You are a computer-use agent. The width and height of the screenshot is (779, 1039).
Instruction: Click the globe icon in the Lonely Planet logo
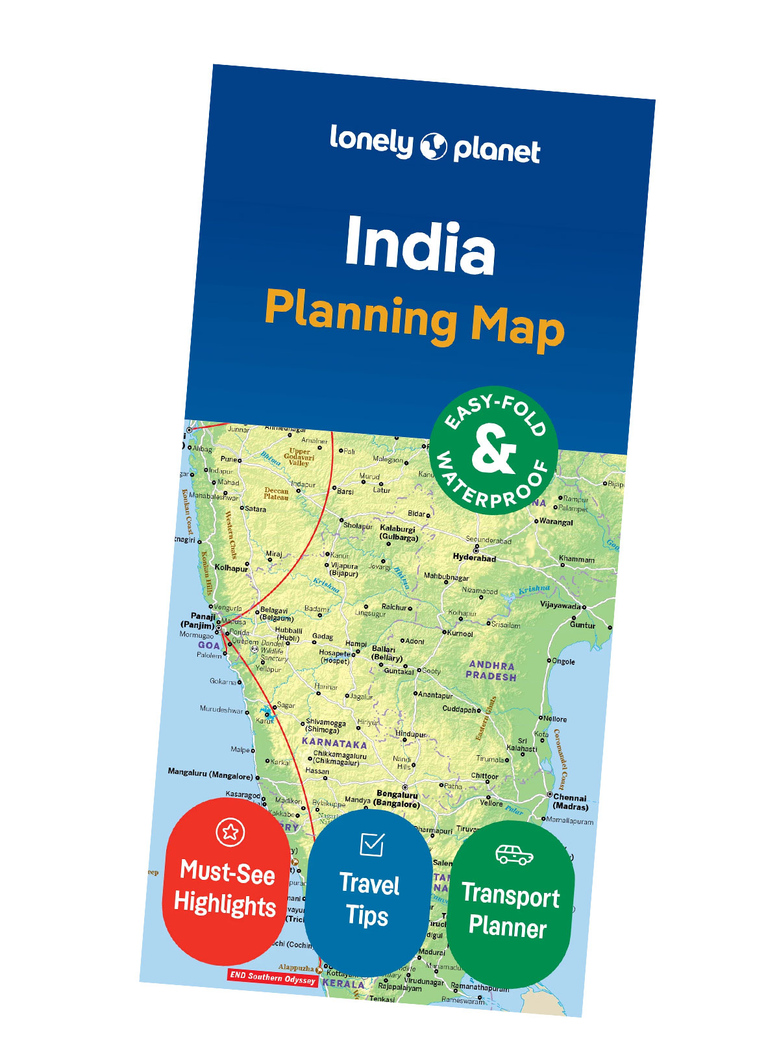[434, 146]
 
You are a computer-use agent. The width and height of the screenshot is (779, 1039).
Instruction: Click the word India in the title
[420, 245]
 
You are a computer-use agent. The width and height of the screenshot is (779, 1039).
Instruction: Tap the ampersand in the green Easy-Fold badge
[493, 449]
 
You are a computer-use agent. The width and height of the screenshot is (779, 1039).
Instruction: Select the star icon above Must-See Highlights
[230, 831]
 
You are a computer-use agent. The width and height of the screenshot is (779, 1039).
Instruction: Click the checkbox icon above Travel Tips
[371, 844]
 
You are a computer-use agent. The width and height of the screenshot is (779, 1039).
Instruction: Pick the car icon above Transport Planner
[514, 855]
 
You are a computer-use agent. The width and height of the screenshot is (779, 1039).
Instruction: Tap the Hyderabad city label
[474, 558]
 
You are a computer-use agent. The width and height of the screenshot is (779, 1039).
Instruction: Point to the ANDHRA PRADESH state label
[491, 671]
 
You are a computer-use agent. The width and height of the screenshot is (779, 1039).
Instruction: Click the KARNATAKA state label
[334, 742]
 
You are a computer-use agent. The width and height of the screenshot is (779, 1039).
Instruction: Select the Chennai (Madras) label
[570, 802]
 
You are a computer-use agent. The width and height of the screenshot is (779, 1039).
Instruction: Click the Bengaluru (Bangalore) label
[397, 799]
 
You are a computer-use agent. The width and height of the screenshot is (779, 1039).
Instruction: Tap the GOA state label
[209, 645]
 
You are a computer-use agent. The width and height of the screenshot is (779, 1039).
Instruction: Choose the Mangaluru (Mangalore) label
[210, 773]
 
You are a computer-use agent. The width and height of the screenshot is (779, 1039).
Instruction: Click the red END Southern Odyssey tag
[273, 977]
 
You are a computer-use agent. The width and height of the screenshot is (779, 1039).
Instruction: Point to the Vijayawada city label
[560, 605]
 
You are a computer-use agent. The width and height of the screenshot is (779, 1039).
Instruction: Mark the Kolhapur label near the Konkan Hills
[230, 568]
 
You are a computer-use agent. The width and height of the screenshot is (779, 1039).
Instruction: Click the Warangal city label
[556, 522]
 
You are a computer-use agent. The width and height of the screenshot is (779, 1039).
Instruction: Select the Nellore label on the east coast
[555, 719]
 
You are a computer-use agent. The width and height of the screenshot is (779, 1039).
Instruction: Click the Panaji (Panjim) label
[199, 621]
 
